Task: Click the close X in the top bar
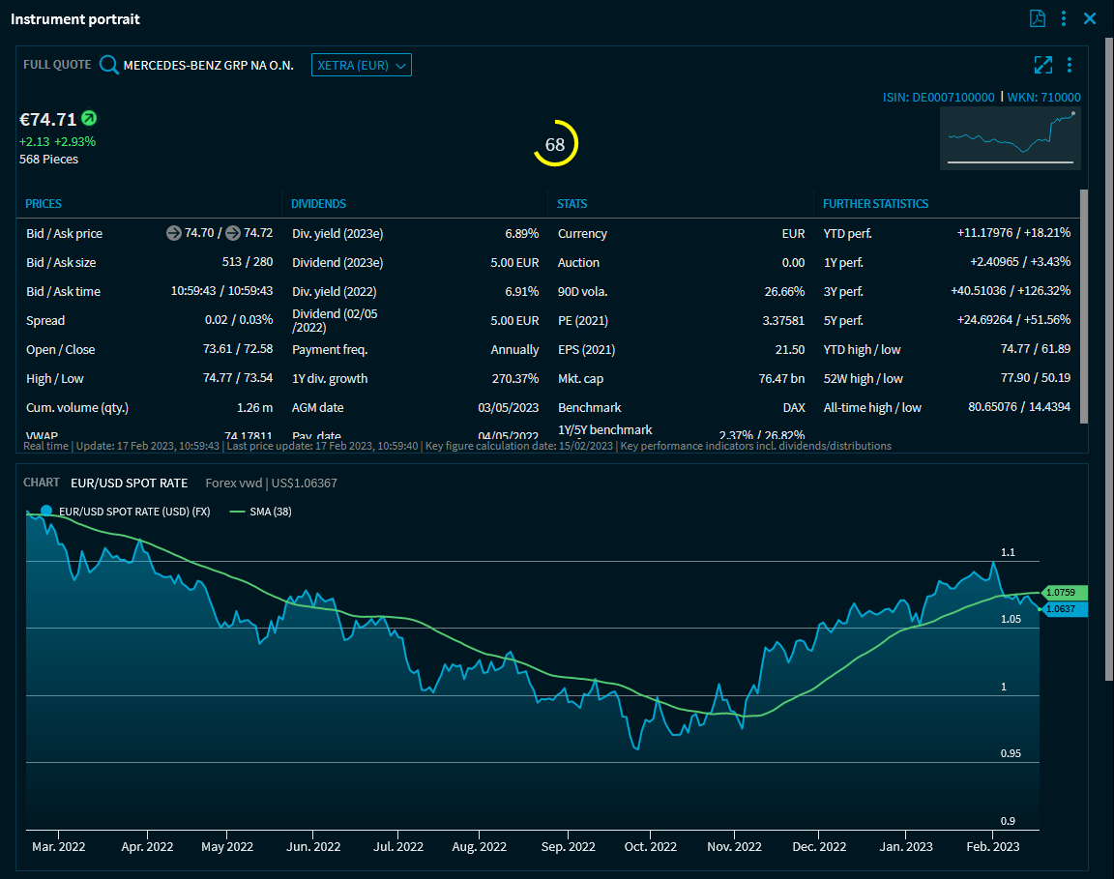(x=1090, y=18)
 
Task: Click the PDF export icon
(x=1038, y=18)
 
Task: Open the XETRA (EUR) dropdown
(x=361, y=65)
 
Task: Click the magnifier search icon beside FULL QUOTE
(x=109, y=65)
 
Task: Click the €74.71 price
(x=47, y=120)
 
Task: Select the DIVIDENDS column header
(x=319, y=204)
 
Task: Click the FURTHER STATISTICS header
(x=875, y=204)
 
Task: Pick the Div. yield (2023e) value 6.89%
(x=521, y=233)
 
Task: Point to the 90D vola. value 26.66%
(x=784, y=291)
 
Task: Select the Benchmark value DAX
(x=793, y=407)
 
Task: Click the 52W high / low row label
(x=863, y=378)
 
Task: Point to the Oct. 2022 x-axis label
(x=651, y=846)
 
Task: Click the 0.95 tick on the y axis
(x=1010, y=753)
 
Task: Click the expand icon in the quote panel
(x=1042, y=65)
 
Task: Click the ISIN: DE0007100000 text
(x=938, y=97)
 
